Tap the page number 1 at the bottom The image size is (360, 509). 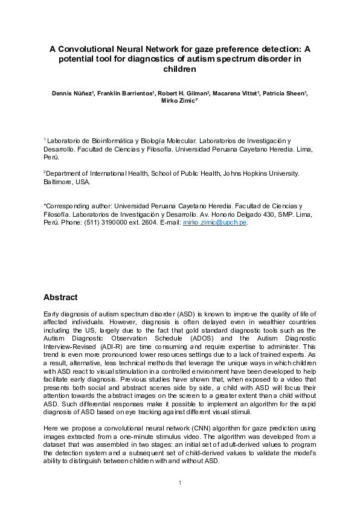(180, 482)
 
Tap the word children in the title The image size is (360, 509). (180, 69)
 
